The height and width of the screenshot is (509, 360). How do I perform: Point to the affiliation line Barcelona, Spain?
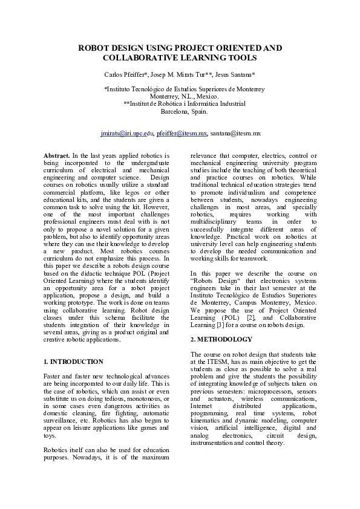click(180, 111)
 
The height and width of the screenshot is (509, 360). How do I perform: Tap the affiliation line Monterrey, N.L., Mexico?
click(180, 96)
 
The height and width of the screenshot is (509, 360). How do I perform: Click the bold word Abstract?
click(56, 156)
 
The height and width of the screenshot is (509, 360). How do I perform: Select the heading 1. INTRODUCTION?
click(74, 361)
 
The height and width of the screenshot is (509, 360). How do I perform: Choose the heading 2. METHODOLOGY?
click(221, 339)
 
